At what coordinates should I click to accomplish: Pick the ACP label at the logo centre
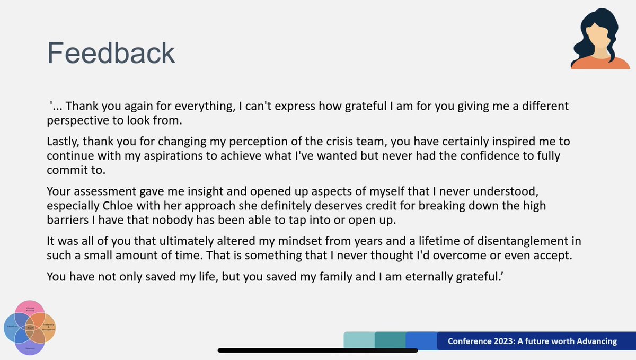31,329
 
